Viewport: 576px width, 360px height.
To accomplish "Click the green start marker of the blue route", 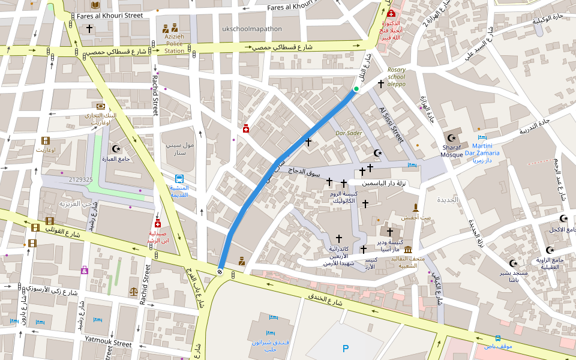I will pos(356,89).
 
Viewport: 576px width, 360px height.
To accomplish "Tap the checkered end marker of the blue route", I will pos(220,272).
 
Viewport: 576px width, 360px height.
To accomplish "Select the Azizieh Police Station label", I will pos(175,43).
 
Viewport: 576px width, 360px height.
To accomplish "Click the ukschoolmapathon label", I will pos(251,28).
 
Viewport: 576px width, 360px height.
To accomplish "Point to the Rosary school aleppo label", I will pos(396,77).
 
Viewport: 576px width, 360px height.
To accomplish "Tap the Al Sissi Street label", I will pos(391,124).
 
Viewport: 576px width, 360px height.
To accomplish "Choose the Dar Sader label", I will pos(349,133).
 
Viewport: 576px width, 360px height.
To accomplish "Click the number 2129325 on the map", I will pos(80,179).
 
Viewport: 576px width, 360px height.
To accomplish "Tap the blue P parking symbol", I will pos(345,349).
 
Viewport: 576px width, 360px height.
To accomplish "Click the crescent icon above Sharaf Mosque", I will pos(452,138).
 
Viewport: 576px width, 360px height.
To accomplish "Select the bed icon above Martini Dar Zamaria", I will pos(482,137).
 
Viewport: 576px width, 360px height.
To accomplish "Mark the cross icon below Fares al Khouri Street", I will pos(89,28).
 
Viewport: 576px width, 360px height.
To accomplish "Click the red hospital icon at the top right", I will pos(391,13).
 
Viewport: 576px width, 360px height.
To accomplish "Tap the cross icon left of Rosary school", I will pos(380,84).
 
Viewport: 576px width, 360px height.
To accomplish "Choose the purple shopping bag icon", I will pos(85,271).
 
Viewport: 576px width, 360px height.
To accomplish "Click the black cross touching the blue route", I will pos(308,142).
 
